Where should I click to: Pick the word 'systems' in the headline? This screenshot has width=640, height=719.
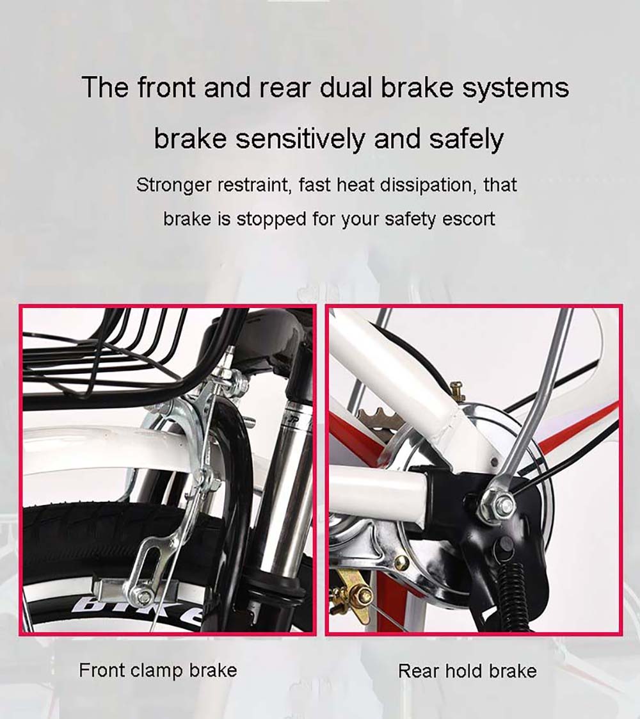(x=515, y=88)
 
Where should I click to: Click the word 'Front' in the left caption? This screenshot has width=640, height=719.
(x=101, y=670)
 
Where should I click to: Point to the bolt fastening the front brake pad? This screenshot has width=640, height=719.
(x=145, y=597)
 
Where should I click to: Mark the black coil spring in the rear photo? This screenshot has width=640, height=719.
(x=515, y=595)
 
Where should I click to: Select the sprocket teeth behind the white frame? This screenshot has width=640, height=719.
(x=378, y=414)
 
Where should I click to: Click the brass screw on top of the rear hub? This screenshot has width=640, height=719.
(x=456, y=390)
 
